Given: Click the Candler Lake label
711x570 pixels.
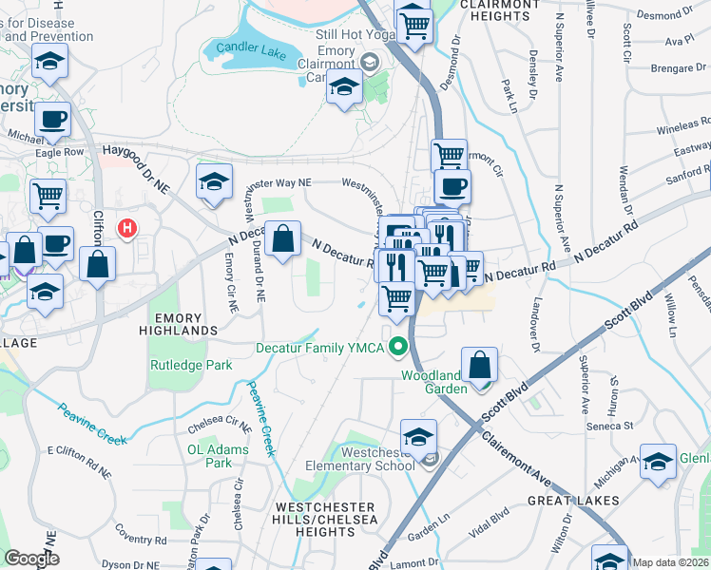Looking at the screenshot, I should tap(258, 47).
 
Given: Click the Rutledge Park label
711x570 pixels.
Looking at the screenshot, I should tap(191, 364).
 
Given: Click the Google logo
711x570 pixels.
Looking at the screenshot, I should tap(31, 559).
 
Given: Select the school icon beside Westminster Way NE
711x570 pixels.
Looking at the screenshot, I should tap(215, 181).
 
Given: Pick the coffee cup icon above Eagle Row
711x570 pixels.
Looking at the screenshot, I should tap(53, 121).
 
